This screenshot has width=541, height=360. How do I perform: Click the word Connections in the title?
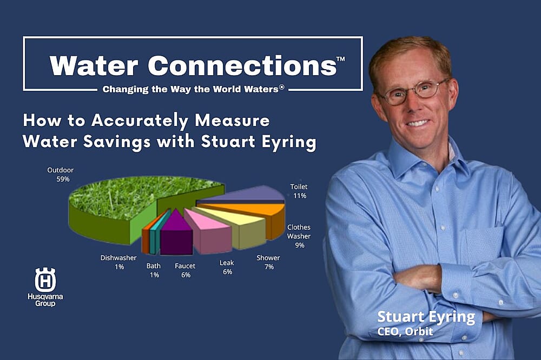point(241,65)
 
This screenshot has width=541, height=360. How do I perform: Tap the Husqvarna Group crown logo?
point(45,279)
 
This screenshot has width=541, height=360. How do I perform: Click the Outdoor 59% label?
point(60,174)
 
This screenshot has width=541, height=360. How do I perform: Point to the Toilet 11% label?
point(299,191)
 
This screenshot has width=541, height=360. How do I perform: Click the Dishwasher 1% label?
point(118,262)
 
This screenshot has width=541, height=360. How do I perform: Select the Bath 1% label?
point(153,270)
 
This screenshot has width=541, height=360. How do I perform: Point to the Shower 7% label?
point(268,262)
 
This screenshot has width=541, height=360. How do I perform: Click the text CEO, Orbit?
point(405,331)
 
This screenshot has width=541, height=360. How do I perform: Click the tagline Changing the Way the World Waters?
point(193,89)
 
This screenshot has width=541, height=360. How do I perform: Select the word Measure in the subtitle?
point(234,119)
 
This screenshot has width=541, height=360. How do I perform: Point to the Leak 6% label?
point(227,267)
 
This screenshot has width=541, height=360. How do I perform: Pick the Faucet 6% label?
point(185,270)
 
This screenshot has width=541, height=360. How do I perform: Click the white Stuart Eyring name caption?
point(425,317)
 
